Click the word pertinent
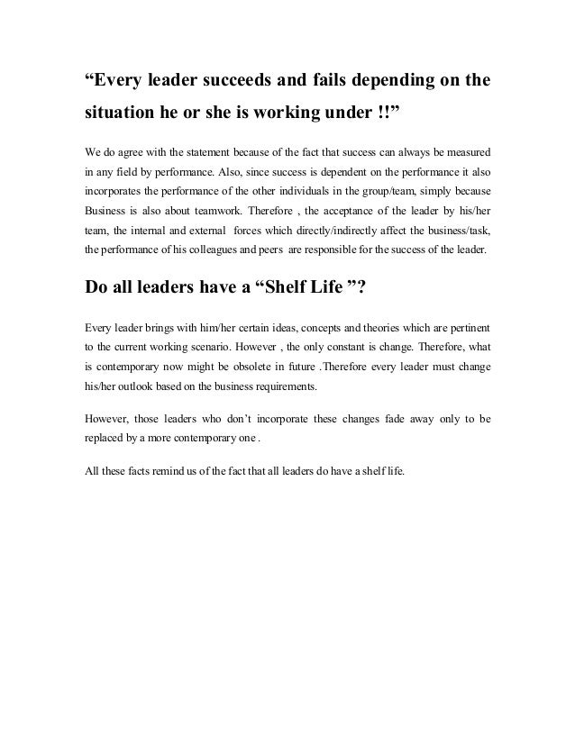[x=463, y=325]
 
